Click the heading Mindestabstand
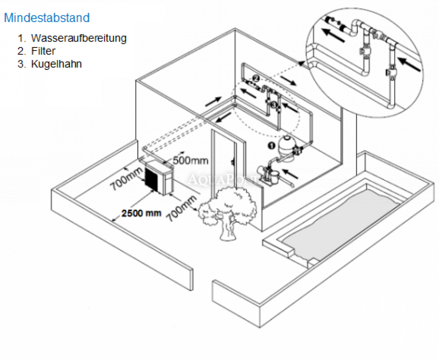(x=47, y=18)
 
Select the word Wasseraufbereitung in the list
(x=79, y=38)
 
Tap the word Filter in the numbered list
(x=43, y=51)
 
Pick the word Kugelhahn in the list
(x=56, y=64)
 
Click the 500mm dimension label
(x=190, y=161)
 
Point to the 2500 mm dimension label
(x=141, y=213)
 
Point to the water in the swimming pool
(x=342, y=220)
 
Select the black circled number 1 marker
(x=271, y=144)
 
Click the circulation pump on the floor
(x=267, y=173)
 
